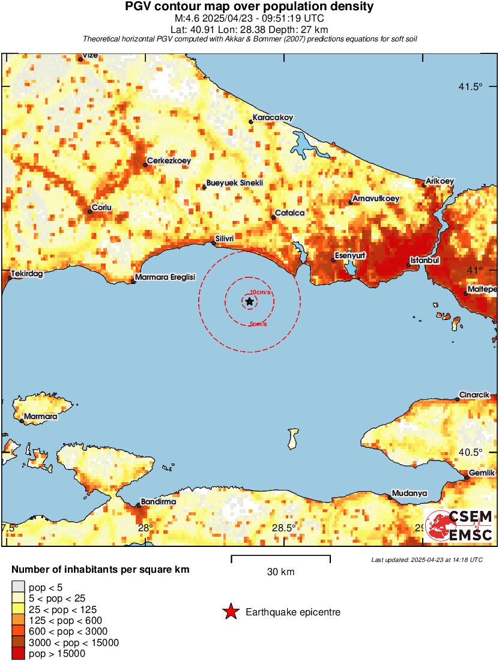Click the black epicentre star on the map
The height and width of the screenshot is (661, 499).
pos(249,301)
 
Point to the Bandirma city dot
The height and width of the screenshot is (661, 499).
pos(139,506)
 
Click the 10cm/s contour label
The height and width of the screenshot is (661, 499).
pos(261,292)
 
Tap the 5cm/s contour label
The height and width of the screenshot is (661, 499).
pos(258,325)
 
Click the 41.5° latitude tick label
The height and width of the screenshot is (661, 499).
pos(470,86)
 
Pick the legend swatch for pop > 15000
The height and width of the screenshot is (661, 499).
pos(18,654)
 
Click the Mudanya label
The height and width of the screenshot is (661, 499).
pos(410,493)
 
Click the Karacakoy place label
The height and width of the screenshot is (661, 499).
pos(273,118)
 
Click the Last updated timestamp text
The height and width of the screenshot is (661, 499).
pos(427,560)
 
